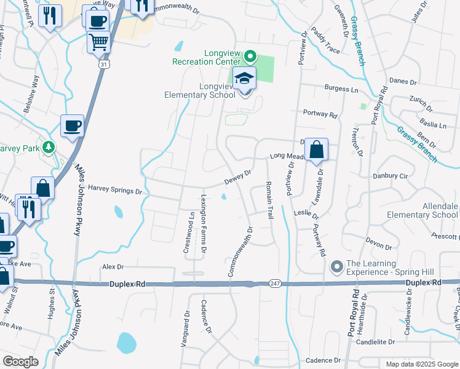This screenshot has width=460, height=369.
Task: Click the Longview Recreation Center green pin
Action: [x=250, y=57]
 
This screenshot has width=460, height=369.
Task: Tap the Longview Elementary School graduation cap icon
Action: [x=244, y=78]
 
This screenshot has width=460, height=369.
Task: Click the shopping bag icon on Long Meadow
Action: [x=316, y=149]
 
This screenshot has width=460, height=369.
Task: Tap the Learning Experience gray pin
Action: [x=336, y=266]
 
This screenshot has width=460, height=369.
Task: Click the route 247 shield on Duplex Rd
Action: [x=274, y=283]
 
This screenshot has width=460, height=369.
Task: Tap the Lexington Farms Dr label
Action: [x=204, y=224]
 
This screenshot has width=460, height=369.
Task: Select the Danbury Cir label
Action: [x=391, y=176]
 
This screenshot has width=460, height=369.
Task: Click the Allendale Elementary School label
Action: [x=422, y=210]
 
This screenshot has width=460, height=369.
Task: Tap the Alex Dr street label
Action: [x=113, y=267]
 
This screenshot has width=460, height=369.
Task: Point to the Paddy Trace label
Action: [x=325, y=39]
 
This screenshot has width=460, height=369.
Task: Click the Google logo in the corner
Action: [x=21, y=362]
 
